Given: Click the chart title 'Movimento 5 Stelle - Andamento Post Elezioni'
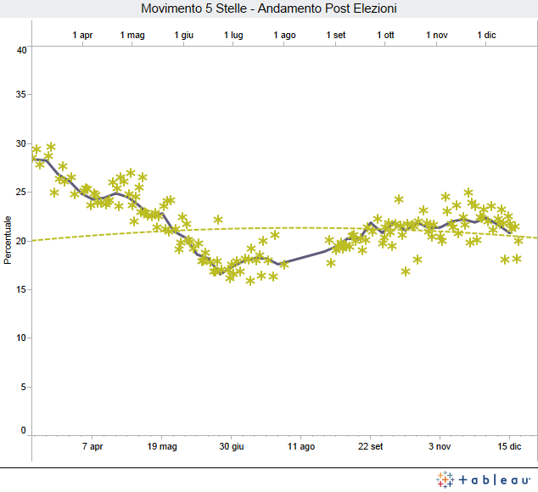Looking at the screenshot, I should coord(269,8).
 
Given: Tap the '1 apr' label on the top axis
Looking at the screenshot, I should coord(83,35).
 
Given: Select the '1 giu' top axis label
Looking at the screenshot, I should coord(184,35).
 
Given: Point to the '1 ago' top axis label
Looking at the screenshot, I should coord(285,35).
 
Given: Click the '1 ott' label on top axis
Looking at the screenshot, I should coord(386,35).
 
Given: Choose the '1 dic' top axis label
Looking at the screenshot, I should coord(487,35).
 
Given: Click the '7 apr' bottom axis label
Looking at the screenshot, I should coord(92,445).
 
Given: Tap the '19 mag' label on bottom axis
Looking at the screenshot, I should coord(162,445).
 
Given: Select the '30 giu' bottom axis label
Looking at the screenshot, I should coord(232,445).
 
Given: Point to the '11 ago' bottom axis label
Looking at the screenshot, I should coord(301,445).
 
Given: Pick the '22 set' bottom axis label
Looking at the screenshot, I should coord(371,445).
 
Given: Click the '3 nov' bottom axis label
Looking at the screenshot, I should coord(440,445).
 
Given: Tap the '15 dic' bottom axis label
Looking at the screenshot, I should coord(509,445).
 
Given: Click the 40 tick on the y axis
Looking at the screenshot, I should coord(22,50).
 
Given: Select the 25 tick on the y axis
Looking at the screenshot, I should coord(22,193).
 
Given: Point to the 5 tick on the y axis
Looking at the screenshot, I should coord(25,386).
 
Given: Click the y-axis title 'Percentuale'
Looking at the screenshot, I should coord(8,240).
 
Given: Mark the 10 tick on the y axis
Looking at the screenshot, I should coord(22,338).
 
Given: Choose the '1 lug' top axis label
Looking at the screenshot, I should coord(234,35).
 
